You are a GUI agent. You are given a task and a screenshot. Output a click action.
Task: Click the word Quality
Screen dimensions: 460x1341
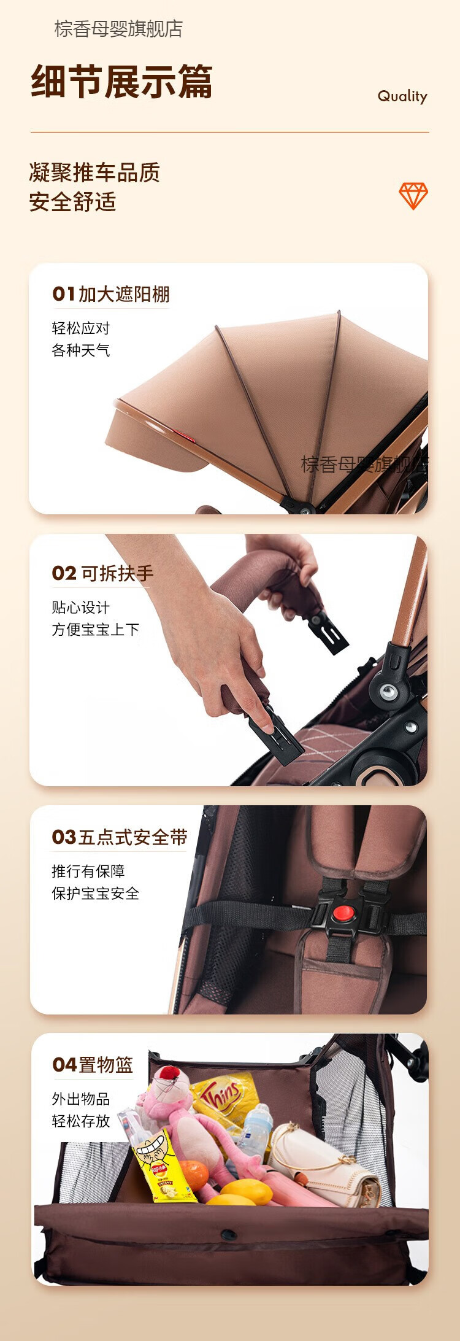(402, 96)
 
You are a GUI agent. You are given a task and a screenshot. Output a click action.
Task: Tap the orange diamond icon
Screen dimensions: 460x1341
(413, 196)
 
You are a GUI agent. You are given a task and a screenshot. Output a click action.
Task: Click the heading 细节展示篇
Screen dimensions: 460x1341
(122, 82)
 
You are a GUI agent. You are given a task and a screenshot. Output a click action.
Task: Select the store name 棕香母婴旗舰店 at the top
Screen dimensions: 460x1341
(118, 29)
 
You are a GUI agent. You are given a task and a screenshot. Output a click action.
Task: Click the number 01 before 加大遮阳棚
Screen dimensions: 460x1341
(64, 294)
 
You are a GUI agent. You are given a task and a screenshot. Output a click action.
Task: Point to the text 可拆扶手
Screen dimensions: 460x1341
(117, 573)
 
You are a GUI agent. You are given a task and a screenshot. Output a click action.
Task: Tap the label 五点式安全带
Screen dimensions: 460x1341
(133, 837)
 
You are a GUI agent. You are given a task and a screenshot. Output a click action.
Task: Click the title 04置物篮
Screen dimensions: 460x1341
(93, 1064)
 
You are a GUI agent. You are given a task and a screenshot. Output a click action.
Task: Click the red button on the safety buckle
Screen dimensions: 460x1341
(343, 913)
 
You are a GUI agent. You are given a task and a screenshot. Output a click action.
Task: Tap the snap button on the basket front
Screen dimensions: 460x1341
(228, 1235)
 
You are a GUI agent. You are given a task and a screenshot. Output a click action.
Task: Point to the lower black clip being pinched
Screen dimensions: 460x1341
(275, 734)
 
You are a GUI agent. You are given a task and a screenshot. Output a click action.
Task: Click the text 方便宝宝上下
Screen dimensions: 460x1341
(96, 630)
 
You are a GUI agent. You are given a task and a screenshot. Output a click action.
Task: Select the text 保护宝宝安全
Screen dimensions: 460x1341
(96, 894)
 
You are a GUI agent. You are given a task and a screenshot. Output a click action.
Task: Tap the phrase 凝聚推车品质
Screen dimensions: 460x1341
(94, 173)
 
